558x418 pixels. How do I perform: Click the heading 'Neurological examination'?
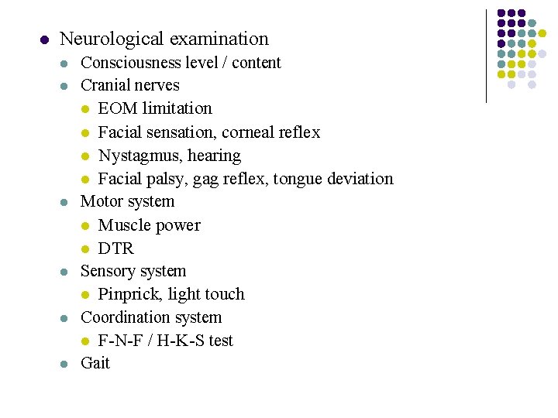(x=164, y=39)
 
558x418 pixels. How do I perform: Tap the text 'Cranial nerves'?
(x=129, y=85)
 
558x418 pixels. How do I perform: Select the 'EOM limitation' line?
(x=154, y=108)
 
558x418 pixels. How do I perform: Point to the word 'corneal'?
(x=243, y=132)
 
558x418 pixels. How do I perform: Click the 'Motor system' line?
(x=127, y=202)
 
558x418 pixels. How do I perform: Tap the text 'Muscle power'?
(x=149, y=225)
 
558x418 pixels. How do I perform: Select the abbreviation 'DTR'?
(x=115, y=248)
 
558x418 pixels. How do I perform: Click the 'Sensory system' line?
(x=133, y=271)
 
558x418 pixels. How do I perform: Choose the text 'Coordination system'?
(x=151, y=317)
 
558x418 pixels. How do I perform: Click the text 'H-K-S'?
(x=177, y=341)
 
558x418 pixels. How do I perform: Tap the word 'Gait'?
(x=95, y=363)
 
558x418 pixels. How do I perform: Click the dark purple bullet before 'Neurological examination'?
(x=43, y=39)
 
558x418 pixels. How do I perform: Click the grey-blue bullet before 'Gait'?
(x=66, y=364)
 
